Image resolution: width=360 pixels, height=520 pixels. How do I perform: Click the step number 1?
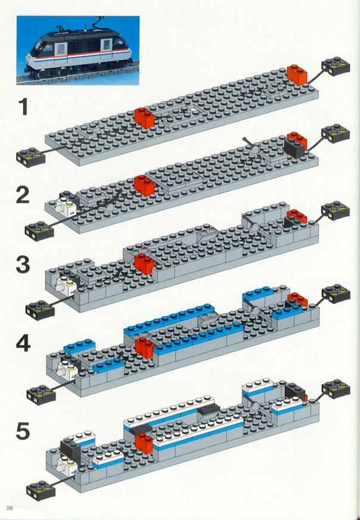(x=23, y=107)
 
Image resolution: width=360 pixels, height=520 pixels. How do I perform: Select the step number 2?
(x=23, y=195)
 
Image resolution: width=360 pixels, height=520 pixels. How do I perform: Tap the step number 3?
(x=23, y=265)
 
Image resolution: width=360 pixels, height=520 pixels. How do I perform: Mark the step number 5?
(x=23, y=431)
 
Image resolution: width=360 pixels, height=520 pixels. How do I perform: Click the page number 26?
(x=10, y=508)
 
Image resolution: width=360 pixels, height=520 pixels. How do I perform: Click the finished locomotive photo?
(x=77, y=51)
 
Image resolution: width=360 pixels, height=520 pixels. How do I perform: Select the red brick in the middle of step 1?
(x=145, y=118)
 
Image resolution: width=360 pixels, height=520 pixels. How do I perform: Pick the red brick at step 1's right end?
(x=297, y=74)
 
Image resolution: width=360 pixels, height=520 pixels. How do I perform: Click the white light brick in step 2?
(x=67, y=207)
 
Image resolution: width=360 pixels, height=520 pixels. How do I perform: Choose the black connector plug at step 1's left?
(x=30, y=157)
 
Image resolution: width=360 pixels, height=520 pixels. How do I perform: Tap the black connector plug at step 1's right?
(x=336, y=66)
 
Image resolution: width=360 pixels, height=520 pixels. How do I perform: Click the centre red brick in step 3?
(x=145, y=263)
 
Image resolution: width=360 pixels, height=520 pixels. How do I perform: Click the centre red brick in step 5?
(x=144, y=443)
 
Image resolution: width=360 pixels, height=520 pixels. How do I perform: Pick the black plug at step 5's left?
(x=41, y=490)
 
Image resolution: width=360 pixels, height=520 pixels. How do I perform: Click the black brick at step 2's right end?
(x=294, y=148)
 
